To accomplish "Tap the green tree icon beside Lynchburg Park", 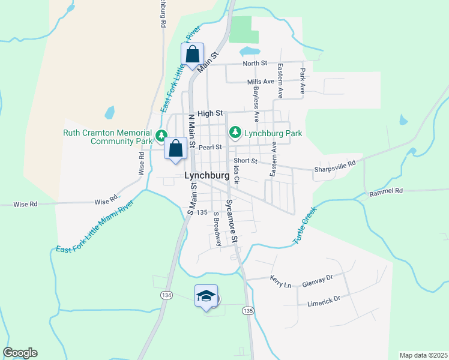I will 235,131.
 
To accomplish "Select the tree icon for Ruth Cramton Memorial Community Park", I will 161,135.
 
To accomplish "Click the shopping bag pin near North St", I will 193,54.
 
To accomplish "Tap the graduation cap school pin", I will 206,295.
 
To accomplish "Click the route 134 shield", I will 166,295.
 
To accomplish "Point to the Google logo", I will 20,353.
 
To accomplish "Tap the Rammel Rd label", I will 386,191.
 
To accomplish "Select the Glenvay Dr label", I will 318,277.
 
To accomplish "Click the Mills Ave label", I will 261,82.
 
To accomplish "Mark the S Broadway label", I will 218,228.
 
